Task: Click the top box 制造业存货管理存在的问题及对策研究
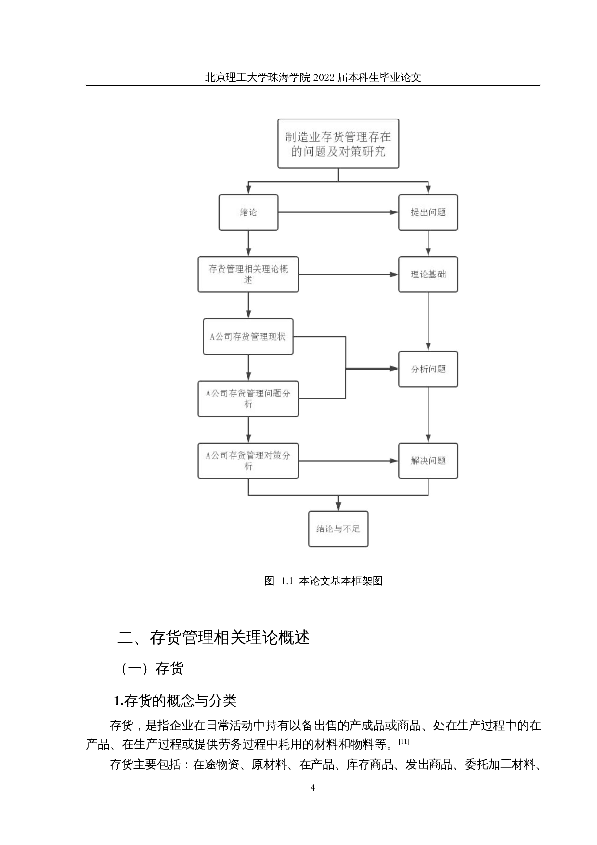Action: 338,144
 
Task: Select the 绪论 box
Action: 248,212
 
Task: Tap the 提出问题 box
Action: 428,212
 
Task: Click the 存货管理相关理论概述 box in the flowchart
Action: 248,274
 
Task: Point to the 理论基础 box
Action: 428,274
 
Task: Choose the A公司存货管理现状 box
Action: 248,336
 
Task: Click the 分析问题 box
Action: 428,369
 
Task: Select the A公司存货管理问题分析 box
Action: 248,398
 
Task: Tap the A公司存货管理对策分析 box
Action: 248,461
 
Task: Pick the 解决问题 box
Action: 428,461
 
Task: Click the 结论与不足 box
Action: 338,528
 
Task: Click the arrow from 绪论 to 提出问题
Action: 337,212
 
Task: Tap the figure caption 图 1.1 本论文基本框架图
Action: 323,581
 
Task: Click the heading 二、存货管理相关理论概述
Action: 213,637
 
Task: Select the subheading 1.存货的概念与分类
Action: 175,700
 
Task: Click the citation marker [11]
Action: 403,742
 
